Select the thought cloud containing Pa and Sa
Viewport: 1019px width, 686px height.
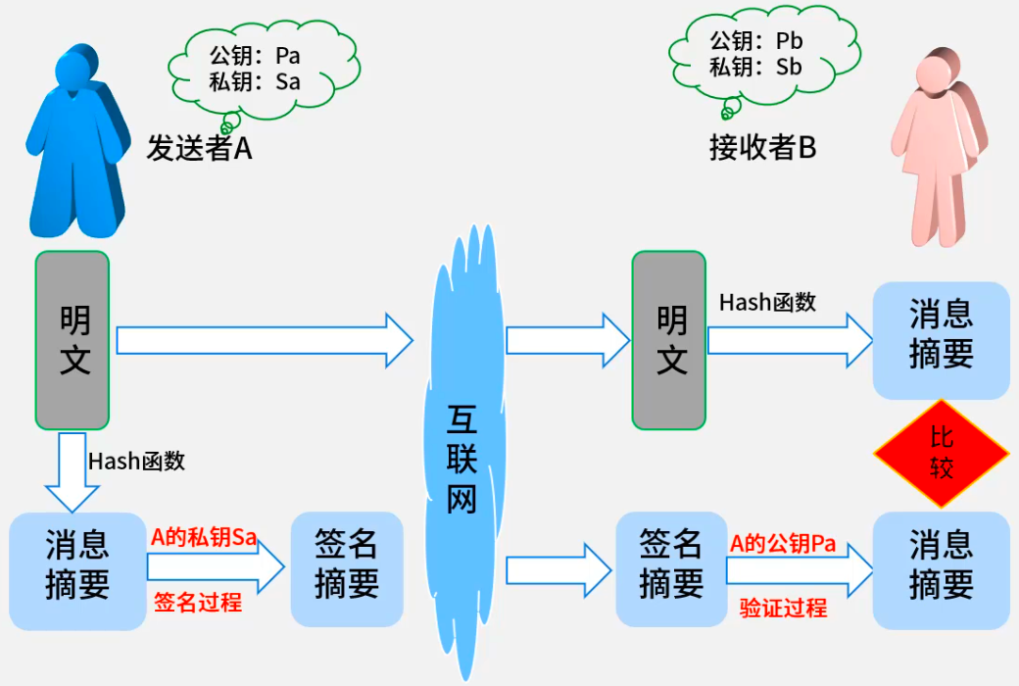coord(255,69)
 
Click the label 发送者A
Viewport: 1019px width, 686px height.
coord(200,148)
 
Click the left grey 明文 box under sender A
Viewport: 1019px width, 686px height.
coord(73,340)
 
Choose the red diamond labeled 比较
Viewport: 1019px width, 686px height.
coord(941,454)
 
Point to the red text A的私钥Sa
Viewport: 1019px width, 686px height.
coord(204,537)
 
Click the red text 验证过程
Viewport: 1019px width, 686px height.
coord(783,609)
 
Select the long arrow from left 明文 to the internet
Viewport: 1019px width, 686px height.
coord(265,340)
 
